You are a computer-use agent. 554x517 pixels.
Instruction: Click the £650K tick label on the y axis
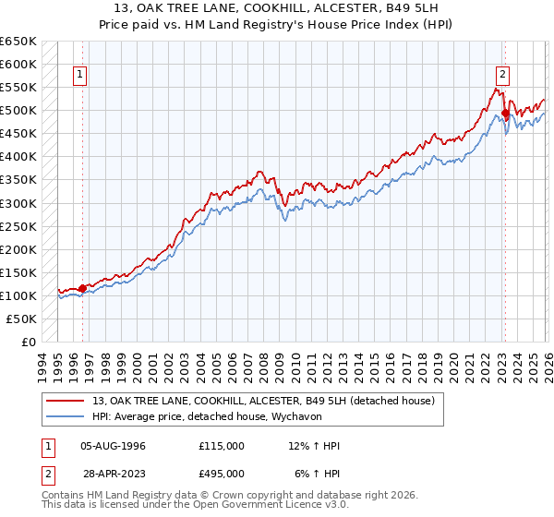coord(18,42)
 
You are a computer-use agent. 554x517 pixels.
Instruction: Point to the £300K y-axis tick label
coord(18,203)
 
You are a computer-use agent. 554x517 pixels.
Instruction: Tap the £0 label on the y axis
coord(29,342)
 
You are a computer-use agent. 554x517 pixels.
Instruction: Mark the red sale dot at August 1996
coord(82,288)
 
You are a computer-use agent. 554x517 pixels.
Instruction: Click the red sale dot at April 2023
coord(505,114)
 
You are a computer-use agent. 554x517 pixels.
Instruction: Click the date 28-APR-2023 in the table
coord(113,473)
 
